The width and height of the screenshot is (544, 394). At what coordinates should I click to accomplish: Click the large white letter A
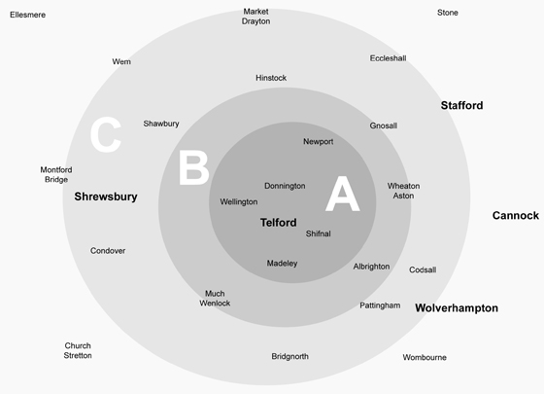point(342,194)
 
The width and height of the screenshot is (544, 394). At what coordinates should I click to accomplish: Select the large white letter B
point(194,167)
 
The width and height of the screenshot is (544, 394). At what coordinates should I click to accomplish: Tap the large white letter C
point(106,135)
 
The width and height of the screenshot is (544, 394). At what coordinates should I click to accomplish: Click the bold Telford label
point(278,223)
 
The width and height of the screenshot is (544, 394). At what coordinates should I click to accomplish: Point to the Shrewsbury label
point(106,197)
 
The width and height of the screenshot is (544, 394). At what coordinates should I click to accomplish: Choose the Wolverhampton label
point(457,307)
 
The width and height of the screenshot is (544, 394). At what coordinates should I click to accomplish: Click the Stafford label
point(461,105)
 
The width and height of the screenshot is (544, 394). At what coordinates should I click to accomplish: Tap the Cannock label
point(516,215)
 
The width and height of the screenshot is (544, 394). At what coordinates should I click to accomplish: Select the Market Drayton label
point(256,17)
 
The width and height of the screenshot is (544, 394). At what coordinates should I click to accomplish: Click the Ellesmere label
point(28,15)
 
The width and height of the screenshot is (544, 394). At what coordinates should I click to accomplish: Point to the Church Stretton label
point(78,350)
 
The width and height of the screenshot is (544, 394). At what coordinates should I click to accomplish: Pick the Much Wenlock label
point(215,299)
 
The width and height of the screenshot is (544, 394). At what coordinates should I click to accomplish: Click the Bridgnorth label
point(290,356)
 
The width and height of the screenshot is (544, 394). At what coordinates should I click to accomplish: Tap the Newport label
point(319,142)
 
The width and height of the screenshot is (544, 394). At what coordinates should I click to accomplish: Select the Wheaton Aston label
point(403,191)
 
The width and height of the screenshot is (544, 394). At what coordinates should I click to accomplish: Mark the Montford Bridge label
point(56,175)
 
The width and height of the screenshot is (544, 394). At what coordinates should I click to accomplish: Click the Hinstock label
point(271,78)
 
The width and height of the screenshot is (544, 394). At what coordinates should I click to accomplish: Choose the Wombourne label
point(425,357)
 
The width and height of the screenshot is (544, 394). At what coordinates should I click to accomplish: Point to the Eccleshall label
point(388,58)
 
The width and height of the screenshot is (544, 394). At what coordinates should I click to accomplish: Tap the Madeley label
point(282,264)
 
